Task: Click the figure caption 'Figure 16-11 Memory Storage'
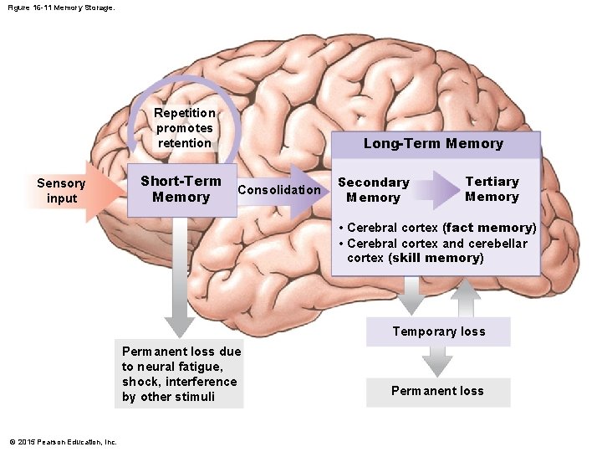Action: pyautogui.click(x=60, y=8)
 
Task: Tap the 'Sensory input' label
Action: pyautogui.click(x=61, y=191)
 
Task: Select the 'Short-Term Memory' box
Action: pyautogui.click(x=181, y=189)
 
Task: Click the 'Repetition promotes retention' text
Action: pyautogui.click(x=184, y=128)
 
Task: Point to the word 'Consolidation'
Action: pyautogui.click(x=278, y=189)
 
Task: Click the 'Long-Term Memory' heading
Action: pyautogui.click(x=433, y=143)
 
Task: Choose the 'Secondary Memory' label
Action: pyautogui.click(x=373, y=190)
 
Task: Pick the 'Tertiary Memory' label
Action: pyautogui.click(x=492, y=189)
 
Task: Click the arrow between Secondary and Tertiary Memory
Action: pyautogui.click(x=435, y=189)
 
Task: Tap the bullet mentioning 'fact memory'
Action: pyautogui.click(x=437, y=228)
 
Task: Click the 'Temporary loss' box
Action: pyautogui.click(x=438, y=331)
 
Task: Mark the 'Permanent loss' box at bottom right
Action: pyautogui.click(x=437, y=391)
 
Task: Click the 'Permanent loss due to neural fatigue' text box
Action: pyautogui.click(x=179, y=374)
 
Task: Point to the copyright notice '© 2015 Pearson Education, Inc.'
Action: pyautogui.click(x=63, y=442)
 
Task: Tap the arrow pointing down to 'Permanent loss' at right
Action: pyautogui.click(x=437, y=361)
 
